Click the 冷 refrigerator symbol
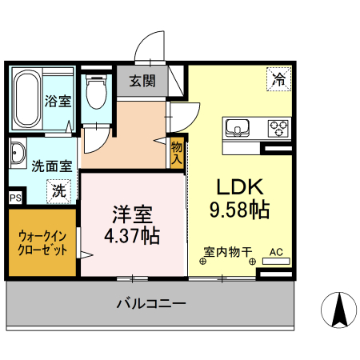pos(278,79)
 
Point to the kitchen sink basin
pos(238,126)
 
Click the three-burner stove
pos(278,126)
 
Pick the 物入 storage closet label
pos(177,151)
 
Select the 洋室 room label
pos(131,214)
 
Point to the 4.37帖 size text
pos(131,236)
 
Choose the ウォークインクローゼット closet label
pos(42,242)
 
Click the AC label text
pos(276,252)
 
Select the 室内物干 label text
pos(227,252)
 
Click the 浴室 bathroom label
pos(58,102)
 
